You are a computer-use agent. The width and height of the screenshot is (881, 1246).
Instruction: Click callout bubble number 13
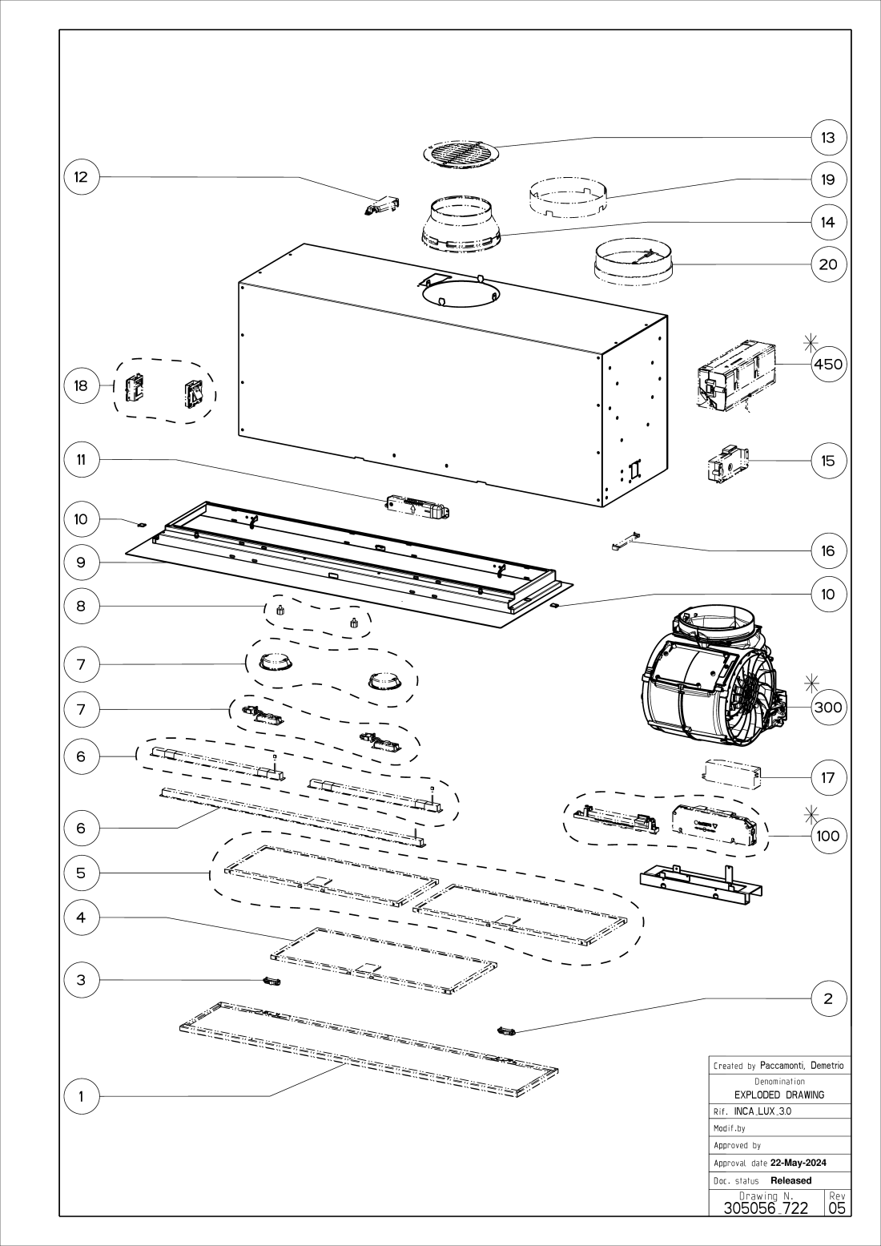point(828,138)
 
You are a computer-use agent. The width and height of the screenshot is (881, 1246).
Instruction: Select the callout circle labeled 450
point(828,365)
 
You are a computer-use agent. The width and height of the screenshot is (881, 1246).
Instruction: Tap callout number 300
point(828,708)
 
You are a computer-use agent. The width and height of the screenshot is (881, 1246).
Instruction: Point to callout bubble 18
point(81,385)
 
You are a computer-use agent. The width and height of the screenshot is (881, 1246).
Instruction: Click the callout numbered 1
point(81,1097)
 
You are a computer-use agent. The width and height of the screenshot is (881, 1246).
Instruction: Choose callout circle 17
point(828,777)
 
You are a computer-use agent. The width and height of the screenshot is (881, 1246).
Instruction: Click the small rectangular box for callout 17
point(731,773)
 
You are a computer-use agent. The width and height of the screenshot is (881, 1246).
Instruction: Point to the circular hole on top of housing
point(460,293)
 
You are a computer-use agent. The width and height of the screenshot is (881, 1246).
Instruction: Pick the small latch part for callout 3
point(273,981)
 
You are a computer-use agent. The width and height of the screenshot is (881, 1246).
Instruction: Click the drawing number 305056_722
point(766,1208)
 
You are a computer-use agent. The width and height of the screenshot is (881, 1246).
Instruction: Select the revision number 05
point(837,1208)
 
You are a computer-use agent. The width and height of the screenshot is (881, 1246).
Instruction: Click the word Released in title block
point(790,1180)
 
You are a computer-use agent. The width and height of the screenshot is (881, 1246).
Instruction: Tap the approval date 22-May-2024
point(798,1163)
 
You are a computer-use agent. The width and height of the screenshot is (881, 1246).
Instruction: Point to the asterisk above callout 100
point(811,814)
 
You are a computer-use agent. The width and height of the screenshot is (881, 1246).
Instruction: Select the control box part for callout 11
point(416,506)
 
